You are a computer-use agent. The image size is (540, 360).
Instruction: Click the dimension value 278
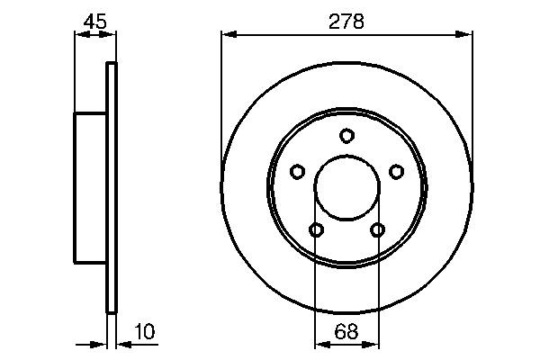click(346, 22)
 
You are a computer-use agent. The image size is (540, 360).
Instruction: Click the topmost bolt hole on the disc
click(346, 136)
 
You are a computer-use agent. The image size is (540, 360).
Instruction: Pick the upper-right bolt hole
click(396, 171)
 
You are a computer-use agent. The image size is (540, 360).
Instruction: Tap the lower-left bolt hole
click(316, 230)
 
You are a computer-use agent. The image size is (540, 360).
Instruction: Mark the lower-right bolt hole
click(377, 230)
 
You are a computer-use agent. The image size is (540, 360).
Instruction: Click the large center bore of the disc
click(346, 189)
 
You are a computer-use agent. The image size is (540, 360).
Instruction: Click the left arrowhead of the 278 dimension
click(227, 35)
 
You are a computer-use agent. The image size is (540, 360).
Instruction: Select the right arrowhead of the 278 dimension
click(466, 35)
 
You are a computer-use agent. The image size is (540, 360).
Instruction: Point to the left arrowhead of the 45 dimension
click(79, 35)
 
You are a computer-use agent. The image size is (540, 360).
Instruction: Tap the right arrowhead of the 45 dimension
click(111, 35)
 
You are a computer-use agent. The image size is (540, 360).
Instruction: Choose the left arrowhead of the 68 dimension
click(320, 343)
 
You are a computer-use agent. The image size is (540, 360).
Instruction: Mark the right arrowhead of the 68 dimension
click(373, 343)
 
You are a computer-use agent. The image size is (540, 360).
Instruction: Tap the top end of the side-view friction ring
click(112, 66)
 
